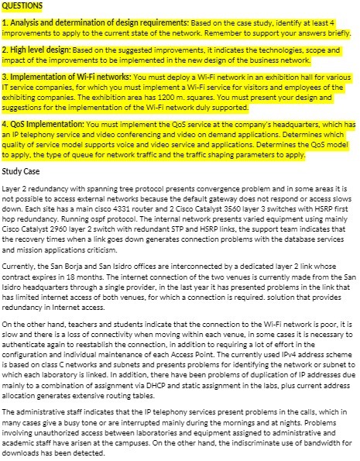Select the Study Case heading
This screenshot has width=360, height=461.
point(22,170)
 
